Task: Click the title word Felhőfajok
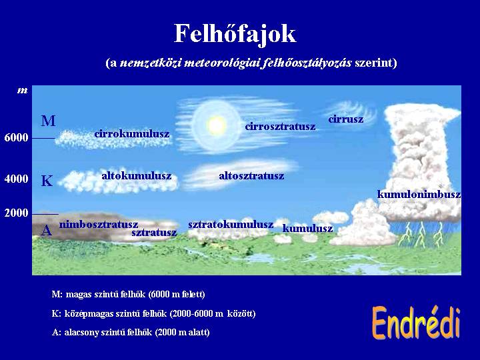click(x=235, y=34)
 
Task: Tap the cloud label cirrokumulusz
click(x=132, y=134)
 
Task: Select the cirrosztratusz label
click(x=280, y=126)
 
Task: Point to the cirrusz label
click(x=345, y=119)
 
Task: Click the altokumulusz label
click(x=137, y=176)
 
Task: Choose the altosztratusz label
click(x=251, y=176)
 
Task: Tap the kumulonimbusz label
click(x=419, y=194)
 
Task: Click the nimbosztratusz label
click(x=99, y=225)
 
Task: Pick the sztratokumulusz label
click(x=231, y=225)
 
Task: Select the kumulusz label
click(x=307, y=229)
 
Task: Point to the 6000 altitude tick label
click(x=16, y=138)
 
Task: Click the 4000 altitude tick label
click(x=16, y=179)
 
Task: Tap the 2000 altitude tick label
click(x=16, y=213)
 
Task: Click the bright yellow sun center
click(x=217, y=125)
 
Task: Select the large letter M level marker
click(x=49, y=121)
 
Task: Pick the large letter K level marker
click(x=47, y=181)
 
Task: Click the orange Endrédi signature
click(x=416, y=323)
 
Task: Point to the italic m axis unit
click(x=23, y=91)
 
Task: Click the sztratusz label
click(x=154, y=233)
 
